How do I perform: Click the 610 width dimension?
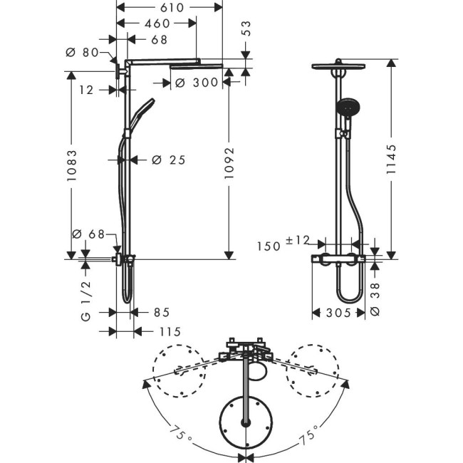pyautogui.click(x=169, y=7)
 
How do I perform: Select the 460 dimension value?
pyautogui.click(x=157, y=24)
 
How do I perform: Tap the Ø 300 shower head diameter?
pyautogui.click(x=196, y=83)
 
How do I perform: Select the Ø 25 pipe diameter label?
pyautogui.click(x=169, y=160)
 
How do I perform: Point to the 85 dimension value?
pyautogui.click(x=161, y=312)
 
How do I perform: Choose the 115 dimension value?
pyautogui.click(x=169, y=331)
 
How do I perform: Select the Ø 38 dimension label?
pyautogui.click(x=375, y=297)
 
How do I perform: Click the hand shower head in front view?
pyautogui.click(x=345, y=109)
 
